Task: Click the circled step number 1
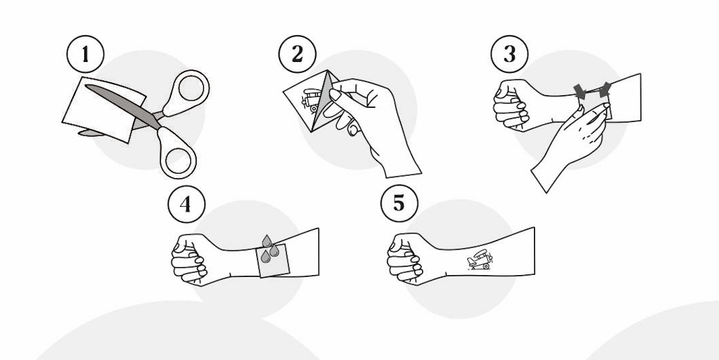86,54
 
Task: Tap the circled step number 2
297,54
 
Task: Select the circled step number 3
510,54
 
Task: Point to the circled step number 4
186,204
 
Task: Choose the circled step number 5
399,203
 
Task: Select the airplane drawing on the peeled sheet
311,100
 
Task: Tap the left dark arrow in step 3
580,91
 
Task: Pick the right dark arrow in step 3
605,89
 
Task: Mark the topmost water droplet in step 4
267,241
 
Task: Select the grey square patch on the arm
273,260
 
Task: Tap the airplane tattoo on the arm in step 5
480,259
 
